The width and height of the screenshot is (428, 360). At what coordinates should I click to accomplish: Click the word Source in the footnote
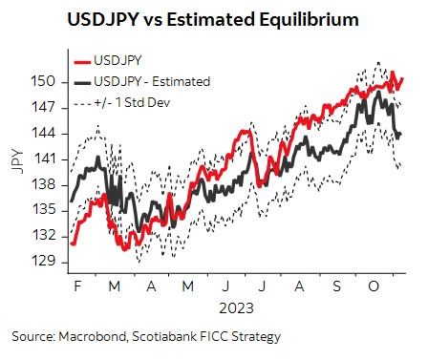(x=32, y=337)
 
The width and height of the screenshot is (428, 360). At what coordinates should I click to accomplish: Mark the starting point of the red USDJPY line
(x=72, y=244)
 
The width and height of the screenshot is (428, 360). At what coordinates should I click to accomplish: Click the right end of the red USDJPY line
(x=403, y=79)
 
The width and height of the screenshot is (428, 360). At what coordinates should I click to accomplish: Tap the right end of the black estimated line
(x=401, y=134)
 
